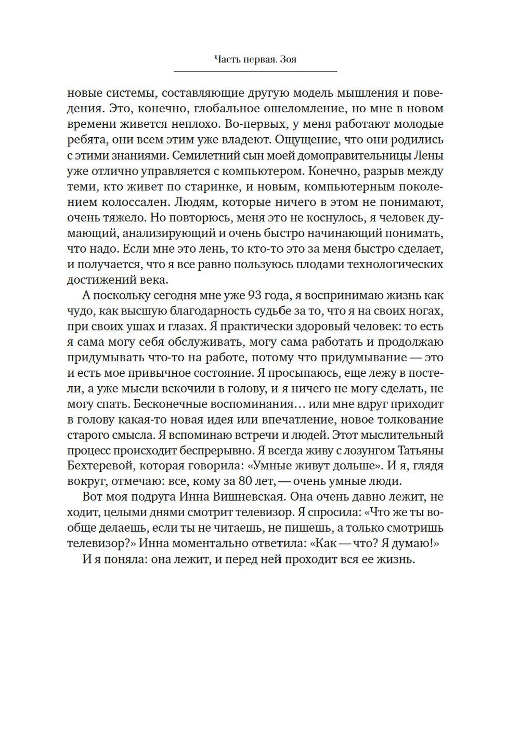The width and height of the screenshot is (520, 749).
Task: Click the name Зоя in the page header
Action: coord(288,59)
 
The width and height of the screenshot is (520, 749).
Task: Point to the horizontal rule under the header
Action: coord(255,71)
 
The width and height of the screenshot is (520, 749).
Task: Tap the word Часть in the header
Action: coord(227,59)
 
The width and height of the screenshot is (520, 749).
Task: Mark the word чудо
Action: coord(80,311)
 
